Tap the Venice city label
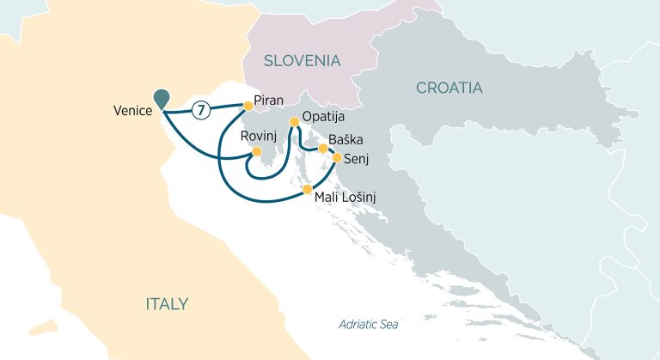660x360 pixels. [132, 111]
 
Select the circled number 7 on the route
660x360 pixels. [199, 110]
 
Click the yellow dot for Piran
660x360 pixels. [247, 106]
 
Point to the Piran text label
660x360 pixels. [269, 101]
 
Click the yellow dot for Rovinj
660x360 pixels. [255, 151]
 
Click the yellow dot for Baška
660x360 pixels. [323, 149]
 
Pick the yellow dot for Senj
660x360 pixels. [337, 158]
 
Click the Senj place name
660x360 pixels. [356, 158]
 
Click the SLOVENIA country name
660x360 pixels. [302, 61]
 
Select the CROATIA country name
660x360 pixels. [449, 88]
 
